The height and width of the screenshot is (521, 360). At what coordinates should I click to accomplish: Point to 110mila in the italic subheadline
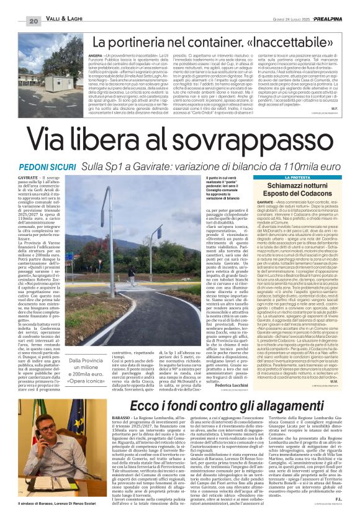click(x=289, y=168)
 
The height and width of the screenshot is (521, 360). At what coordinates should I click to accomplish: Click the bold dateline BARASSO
click(x=122, y=419)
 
